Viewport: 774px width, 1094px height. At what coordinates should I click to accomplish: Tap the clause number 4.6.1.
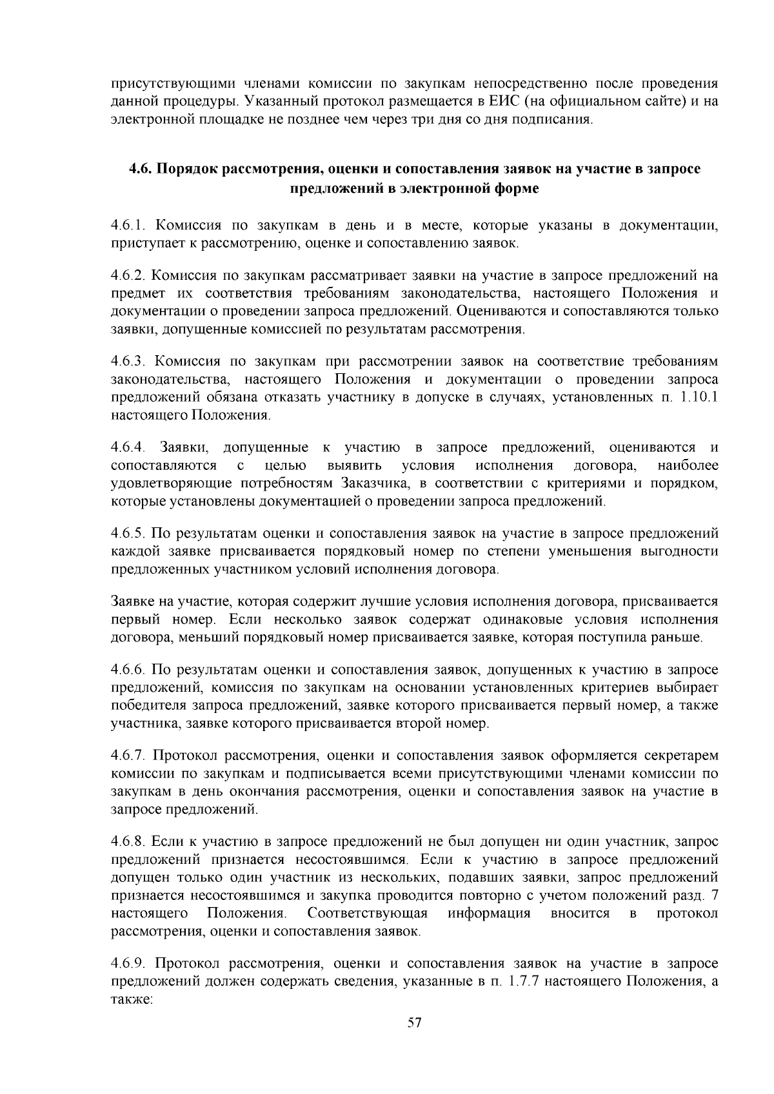(x=130, y=226)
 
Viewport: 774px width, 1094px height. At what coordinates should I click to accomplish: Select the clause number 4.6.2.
(x=130, y=276)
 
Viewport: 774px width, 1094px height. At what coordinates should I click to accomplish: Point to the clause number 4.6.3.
(x=130, y=361)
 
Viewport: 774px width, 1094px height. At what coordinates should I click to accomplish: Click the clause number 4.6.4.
(x=130, y=447)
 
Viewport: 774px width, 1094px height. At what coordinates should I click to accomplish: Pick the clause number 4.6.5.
(x=130, y=534)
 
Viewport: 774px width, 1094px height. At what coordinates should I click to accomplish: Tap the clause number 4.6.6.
(x=130, y=670)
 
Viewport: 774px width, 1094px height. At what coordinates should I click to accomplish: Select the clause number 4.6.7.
(x=130, y=756)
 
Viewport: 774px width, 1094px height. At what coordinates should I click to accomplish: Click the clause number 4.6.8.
(x=130, y=842)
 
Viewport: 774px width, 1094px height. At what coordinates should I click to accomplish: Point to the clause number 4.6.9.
(x=130, y=964)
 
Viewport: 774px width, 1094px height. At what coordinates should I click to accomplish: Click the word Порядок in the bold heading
(x=188, y=169)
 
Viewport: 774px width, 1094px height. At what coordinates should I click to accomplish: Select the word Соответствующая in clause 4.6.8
(x=368, y=913)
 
